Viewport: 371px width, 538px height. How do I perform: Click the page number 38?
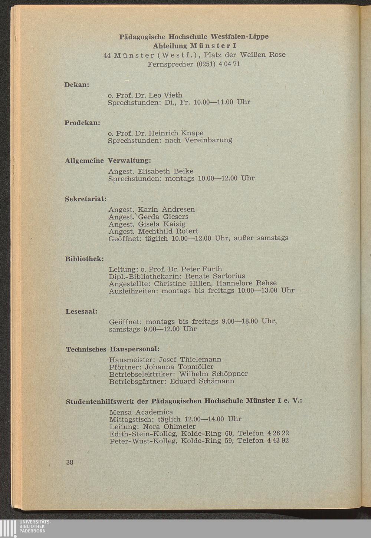[x=70, y=462]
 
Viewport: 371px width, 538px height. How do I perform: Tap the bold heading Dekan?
[x=77, y=85]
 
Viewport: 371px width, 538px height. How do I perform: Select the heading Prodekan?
[x=83, y=122]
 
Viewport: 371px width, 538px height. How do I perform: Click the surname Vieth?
[x=172, y=95]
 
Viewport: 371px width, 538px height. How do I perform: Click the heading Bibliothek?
[x=84, y=258]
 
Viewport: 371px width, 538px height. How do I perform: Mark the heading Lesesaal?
[x=81, y=311]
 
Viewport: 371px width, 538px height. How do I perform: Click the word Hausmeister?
[x=132, y=359]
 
